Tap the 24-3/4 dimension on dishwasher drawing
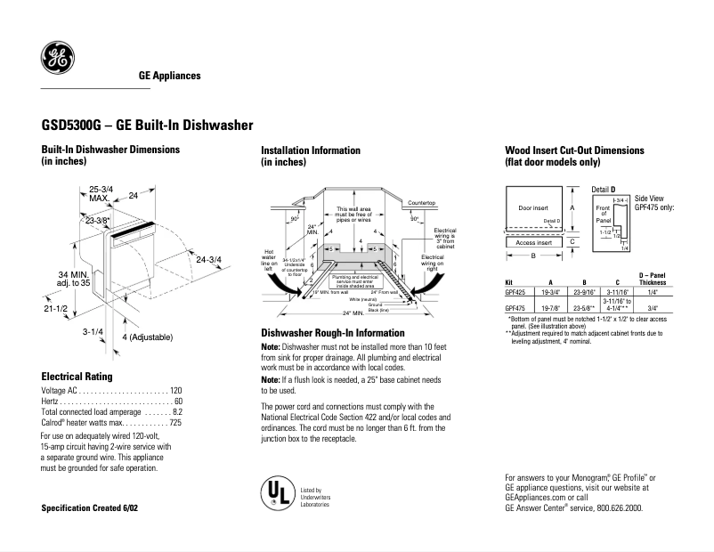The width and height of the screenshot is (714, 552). coord(209,260)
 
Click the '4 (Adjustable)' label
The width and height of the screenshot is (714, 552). coord(147,337)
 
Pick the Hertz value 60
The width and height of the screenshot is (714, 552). coord(176,402)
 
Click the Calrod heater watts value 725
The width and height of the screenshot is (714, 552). coord(174,424)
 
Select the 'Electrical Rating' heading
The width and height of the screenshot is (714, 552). coord(78,377)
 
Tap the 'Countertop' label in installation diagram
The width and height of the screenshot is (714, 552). coord(421,204)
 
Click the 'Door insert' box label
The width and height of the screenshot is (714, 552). coord(533,208)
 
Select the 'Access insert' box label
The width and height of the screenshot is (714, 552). coord(534,242)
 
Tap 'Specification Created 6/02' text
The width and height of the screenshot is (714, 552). coord(91,507)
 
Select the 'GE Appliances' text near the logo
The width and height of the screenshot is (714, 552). coord(169,77)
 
